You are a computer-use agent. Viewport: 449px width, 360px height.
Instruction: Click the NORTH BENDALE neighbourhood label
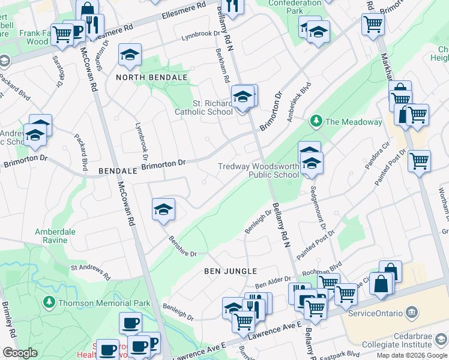point(152,78)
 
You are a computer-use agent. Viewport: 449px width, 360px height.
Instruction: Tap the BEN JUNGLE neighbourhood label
point(231,271)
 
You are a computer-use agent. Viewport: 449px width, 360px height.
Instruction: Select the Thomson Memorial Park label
point(104,303)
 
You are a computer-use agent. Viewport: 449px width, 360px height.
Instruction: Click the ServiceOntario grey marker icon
point(412,313)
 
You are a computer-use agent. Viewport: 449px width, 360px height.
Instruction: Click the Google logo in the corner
point(20,353)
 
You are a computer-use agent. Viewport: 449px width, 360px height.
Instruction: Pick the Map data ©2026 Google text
point(412,355)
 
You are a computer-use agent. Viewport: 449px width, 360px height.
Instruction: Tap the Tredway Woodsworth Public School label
point(258,170)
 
